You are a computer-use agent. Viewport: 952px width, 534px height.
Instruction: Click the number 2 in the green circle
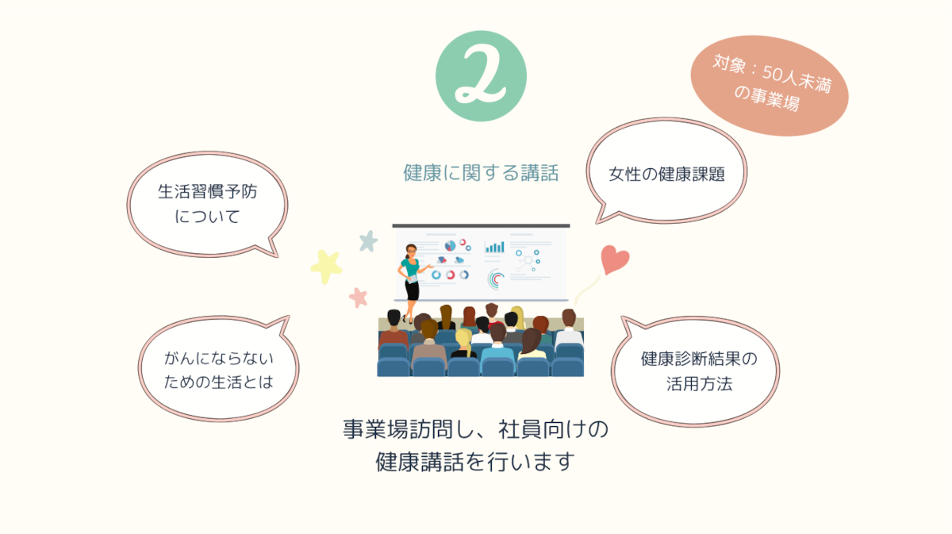pyautogui.click(x=480, y=75)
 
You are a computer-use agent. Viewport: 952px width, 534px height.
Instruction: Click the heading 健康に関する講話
pyautogui.click(x=481, y=173)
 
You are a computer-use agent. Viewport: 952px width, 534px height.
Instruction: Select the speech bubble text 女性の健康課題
pyautogui.click(x=666, y=174)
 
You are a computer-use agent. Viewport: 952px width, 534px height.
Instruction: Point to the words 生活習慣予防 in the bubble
pyautogui.click(x=207, y=191)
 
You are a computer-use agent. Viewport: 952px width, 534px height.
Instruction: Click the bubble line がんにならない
pyautogui.click(x=219, y=359)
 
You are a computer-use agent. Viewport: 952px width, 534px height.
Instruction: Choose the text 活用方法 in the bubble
pyautogui.click(x=699, y=383)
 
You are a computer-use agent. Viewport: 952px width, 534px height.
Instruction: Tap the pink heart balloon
pyautogui.click(x=614, y=259)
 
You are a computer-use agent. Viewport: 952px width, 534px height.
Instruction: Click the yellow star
pyautogui.click(x=326, y=266)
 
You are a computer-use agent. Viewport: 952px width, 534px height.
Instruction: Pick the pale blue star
pyautogui.click(x=368, y=241)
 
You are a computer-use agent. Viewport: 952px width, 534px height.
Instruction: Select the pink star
pyautogui.click(x=359, y=298)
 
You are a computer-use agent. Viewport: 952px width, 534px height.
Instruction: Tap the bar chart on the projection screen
pyautogui.click(x=495, y=247)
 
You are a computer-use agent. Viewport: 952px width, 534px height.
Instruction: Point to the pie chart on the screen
pyautogui.click(x=450, y=246)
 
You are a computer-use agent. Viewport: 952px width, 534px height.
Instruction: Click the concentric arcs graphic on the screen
pyautogui.click(x=496, y=279)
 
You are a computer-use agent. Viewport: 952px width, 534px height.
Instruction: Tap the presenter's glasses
pyautogui.click(x=411, y=251)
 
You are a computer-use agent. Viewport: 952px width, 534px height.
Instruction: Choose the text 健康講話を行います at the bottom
pyautogui.click(x=475, y=462)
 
